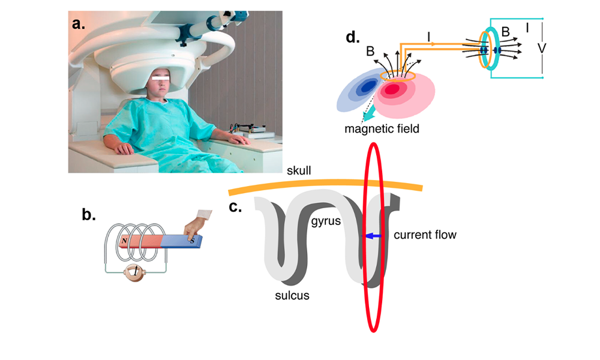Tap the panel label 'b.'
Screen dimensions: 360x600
coord(89,214)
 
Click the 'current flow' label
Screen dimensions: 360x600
coord(425,235)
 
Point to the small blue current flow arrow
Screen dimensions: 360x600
coord(373,237)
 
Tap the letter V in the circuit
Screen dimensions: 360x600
coord(542,49)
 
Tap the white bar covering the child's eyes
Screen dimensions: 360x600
coord(163,77)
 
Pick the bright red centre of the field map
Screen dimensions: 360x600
coord(392,90)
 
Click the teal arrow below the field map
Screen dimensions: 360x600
coord(377,113)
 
